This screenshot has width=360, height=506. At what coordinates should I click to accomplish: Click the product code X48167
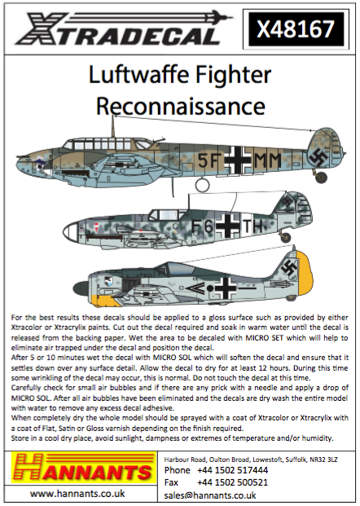click(296, 29)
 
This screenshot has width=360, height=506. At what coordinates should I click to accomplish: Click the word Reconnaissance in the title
click(181, 106)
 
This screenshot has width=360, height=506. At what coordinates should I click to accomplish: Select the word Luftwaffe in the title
click(138, 75)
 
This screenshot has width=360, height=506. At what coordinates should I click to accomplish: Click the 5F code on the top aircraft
click(209, 161)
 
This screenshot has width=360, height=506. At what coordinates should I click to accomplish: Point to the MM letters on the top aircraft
click(268, 161)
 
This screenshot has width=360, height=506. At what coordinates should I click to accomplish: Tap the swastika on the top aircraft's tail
click(319, 156)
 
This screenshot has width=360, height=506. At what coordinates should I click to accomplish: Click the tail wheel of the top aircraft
click(321, 178)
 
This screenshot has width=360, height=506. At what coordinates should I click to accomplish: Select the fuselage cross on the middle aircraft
click(229, 225)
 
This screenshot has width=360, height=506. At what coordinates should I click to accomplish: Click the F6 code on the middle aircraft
click(203, 227)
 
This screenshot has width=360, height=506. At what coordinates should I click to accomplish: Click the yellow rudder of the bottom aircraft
click(305, 274)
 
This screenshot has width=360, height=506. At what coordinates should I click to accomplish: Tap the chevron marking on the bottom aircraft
click(195, 288)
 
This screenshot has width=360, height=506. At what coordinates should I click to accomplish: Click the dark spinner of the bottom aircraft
click(81, 288)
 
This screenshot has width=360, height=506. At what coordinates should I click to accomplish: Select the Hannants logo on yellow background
click(84, 468)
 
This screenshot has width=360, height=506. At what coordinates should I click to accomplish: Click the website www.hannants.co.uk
click(77, 494)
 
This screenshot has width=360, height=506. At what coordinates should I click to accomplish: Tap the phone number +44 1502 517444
click(232, 470)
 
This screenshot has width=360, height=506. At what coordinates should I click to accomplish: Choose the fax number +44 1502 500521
click(232, 482)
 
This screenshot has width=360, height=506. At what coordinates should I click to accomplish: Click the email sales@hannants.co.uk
click(210, 495)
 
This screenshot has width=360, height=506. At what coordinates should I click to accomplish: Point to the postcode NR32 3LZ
click(323, 460)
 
